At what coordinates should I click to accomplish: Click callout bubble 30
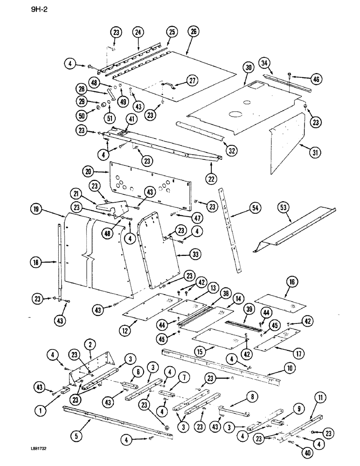[249, 68]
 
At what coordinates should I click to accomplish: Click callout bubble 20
[89, 172]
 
